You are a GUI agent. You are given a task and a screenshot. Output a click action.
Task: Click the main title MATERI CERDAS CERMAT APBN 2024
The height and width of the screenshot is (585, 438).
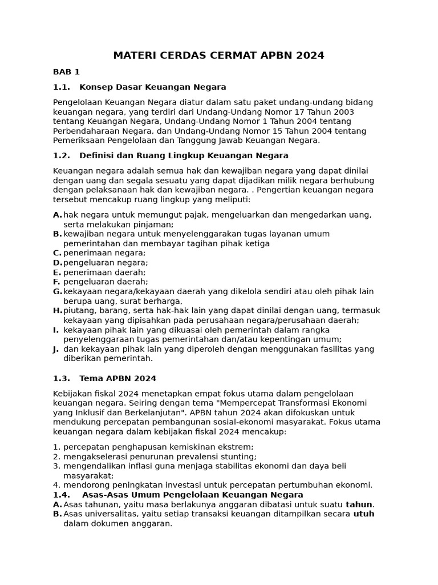(218, 55)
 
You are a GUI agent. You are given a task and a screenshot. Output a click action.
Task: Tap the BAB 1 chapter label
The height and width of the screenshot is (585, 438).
(66, 72)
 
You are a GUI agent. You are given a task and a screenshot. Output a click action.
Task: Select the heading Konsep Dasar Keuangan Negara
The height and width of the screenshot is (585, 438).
(153, 87)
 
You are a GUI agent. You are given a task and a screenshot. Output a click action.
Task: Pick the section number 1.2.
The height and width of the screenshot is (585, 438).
(61, 155)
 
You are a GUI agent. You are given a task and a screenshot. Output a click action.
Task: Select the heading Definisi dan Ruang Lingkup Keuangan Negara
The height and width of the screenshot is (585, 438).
(184, 155)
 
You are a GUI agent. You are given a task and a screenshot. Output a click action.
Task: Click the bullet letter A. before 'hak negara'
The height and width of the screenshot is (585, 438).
(57, 215)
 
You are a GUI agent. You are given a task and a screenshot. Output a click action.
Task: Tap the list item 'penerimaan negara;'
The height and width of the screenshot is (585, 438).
(104, 253)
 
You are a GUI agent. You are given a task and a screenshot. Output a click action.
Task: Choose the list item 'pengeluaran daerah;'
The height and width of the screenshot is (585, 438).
(106, 282)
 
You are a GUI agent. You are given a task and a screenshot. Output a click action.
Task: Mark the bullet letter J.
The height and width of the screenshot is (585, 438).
(56, 349)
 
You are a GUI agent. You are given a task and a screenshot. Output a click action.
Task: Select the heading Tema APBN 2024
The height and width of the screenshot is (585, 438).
(117, 378)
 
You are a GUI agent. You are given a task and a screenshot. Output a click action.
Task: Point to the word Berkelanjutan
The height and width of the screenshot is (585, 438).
(149, 412)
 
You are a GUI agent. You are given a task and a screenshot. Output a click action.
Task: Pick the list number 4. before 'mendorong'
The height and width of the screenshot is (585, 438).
(56, 485)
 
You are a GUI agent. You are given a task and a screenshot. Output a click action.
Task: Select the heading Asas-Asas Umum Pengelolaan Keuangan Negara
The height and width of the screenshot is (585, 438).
(192, 495)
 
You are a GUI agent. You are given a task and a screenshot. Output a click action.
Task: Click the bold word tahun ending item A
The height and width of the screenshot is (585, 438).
(359, 504)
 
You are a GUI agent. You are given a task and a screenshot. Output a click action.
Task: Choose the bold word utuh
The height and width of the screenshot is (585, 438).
(364, 514)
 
